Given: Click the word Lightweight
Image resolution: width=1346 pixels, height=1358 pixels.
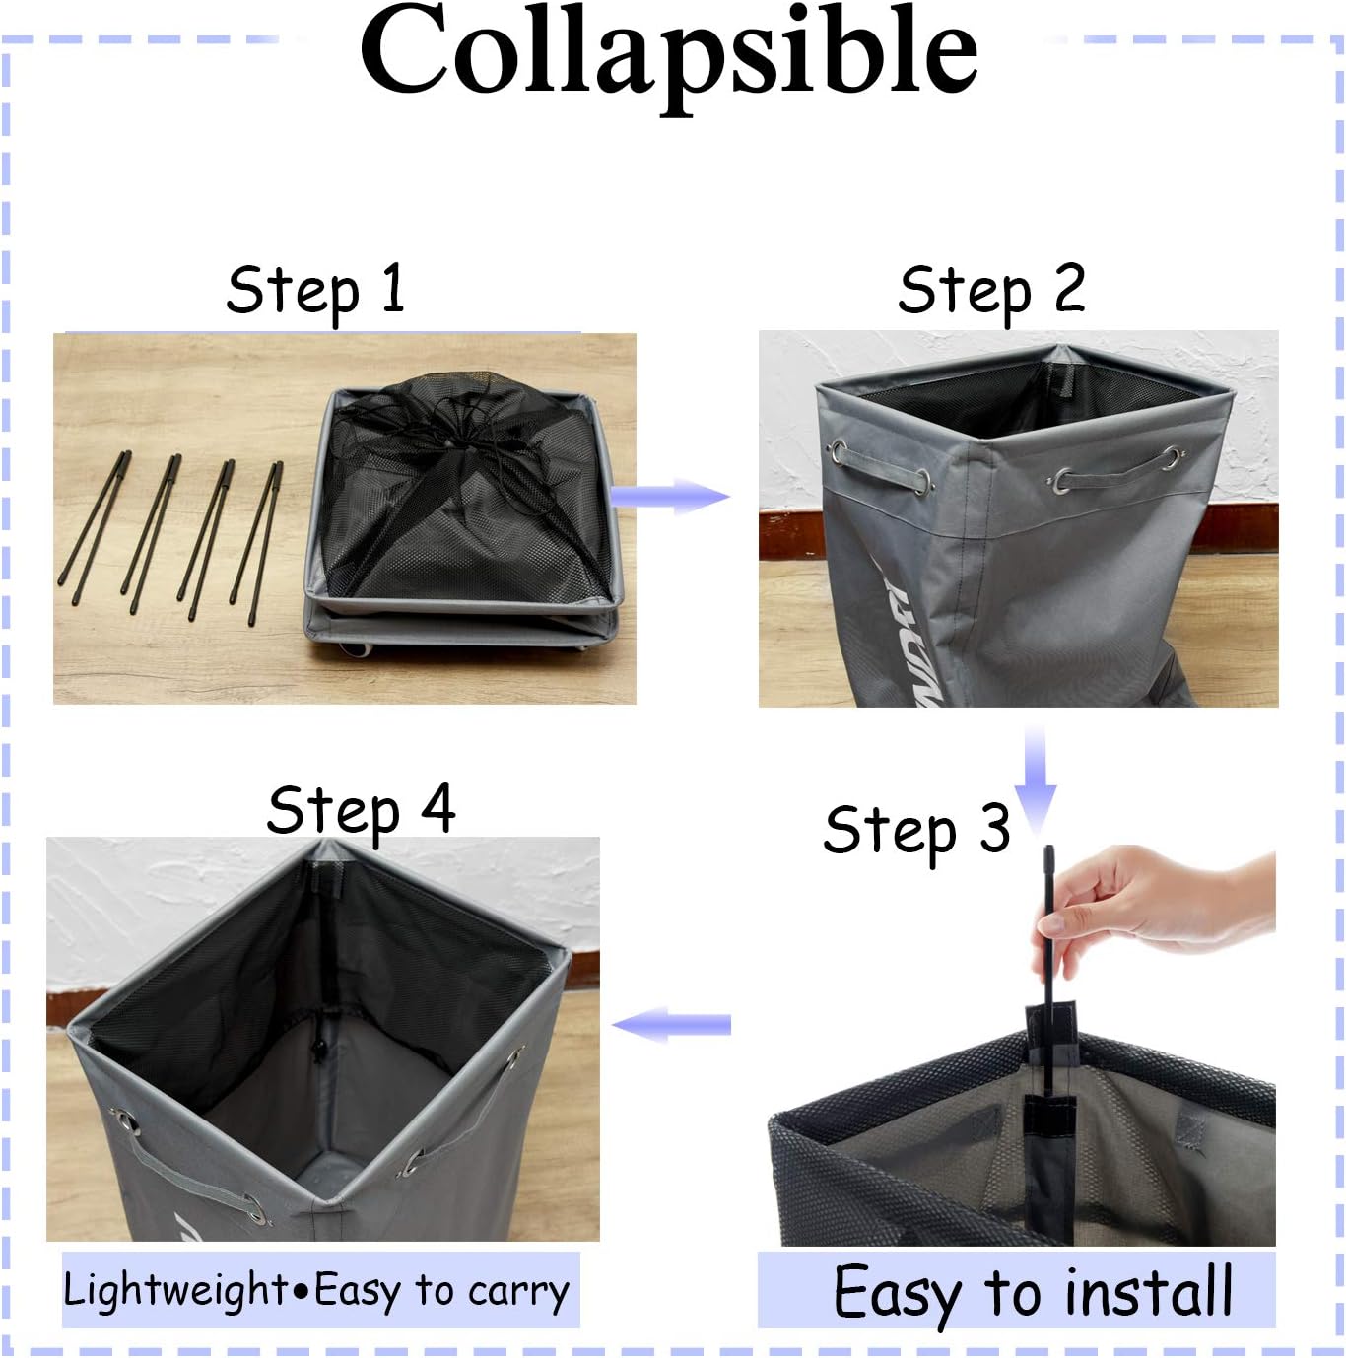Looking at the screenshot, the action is point(175,1291).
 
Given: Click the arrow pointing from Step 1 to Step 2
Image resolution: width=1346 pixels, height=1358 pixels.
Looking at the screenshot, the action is point(668,496).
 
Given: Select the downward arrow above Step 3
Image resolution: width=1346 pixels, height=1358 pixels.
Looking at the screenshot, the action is point(1035,780).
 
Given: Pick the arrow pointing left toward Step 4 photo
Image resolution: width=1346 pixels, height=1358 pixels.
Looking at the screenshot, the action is point(671,1025).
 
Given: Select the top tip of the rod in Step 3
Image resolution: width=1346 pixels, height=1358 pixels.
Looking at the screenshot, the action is point(1049,848).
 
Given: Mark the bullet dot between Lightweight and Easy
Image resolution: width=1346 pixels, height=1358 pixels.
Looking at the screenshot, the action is point(301,1292).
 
